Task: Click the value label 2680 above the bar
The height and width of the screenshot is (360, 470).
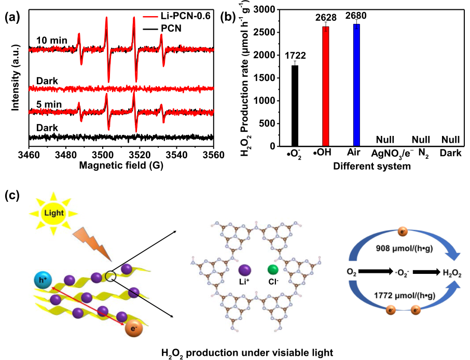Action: (356, 17)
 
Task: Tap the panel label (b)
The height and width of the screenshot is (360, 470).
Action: (228, 17)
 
